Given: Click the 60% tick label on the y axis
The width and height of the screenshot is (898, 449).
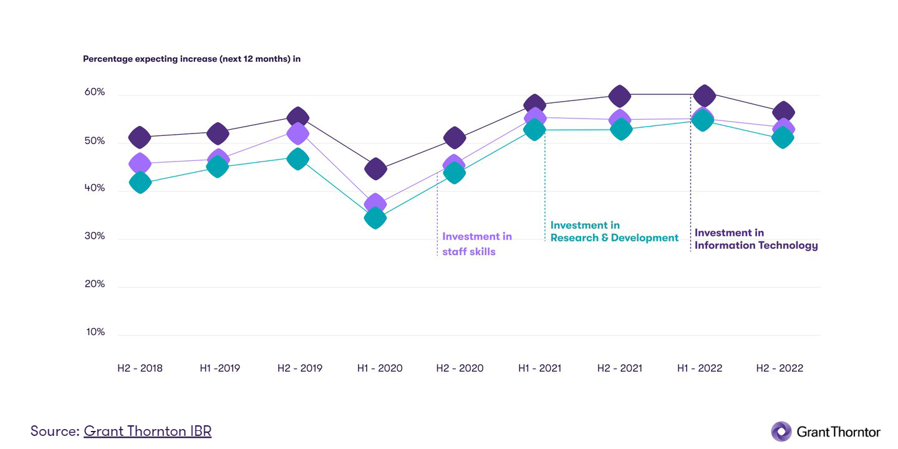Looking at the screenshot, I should point(95,92).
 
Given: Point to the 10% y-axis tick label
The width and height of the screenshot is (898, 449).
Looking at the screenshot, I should point(95,332).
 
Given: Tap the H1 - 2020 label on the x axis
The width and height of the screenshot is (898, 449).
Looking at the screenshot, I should point(379,368).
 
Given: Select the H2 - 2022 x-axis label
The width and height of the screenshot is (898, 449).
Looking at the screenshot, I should point(780,368).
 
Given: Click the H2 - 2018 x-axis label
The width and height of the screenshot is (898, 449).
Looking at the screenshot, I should point(140,368).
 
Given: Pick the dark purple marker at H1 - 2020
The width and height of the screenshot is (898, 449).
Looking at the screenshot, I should point(375,168).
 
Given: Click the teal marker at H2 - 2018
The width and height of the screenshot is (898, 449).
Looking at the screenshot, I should point(140,183).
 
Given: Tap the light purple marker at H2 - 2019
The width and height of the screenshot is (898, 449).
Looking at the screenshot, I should point(298,133).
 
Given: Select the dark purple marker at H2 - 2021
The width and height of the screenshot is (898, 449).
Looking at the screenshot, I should point(619,96).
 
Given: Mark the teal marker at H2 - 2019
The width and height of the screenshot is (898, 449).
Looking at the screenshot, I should point(298,159).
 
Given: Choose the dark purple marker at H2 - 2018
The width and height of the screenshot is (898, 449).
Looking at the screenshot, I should point(140,137).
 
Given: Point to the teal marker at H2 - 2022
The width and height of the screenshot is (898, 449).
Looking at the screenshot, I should point(783,138).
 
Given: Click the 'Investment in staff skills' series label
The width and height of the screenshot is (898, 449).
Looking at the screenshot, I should point(476,244).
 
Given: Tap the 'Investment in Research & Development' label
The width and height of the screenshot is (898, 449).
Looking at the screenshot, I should point(614,231).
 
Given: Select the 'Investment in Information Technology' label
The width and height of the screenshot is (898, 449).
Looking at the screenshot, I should point(756,239).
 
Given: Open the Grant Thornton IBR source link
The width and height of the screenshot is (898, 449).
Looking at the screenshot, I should point(147,431).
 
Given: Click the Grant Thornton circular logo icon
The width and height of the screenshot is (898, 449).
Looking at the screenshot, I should point(781,432).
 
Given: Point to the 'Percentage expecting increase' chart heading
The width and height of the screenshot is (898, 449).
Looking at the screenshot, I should point(191,59).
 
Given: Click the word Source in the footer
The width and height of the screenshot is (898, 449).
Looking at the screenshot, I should point(54,431).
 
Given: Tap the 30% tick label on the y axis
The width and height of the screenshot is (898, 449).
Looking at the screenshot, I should point(95,236).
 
